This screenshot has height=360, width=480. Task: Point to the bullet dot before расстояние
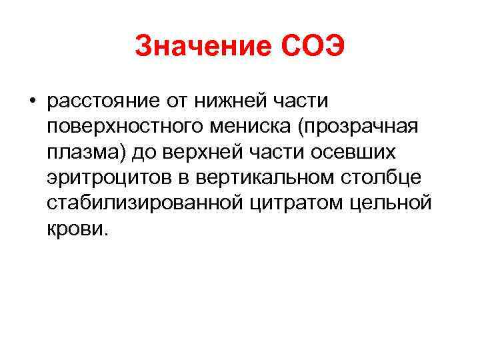[32, 103]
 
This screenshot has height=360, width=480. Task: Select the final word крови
[76, 229]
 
